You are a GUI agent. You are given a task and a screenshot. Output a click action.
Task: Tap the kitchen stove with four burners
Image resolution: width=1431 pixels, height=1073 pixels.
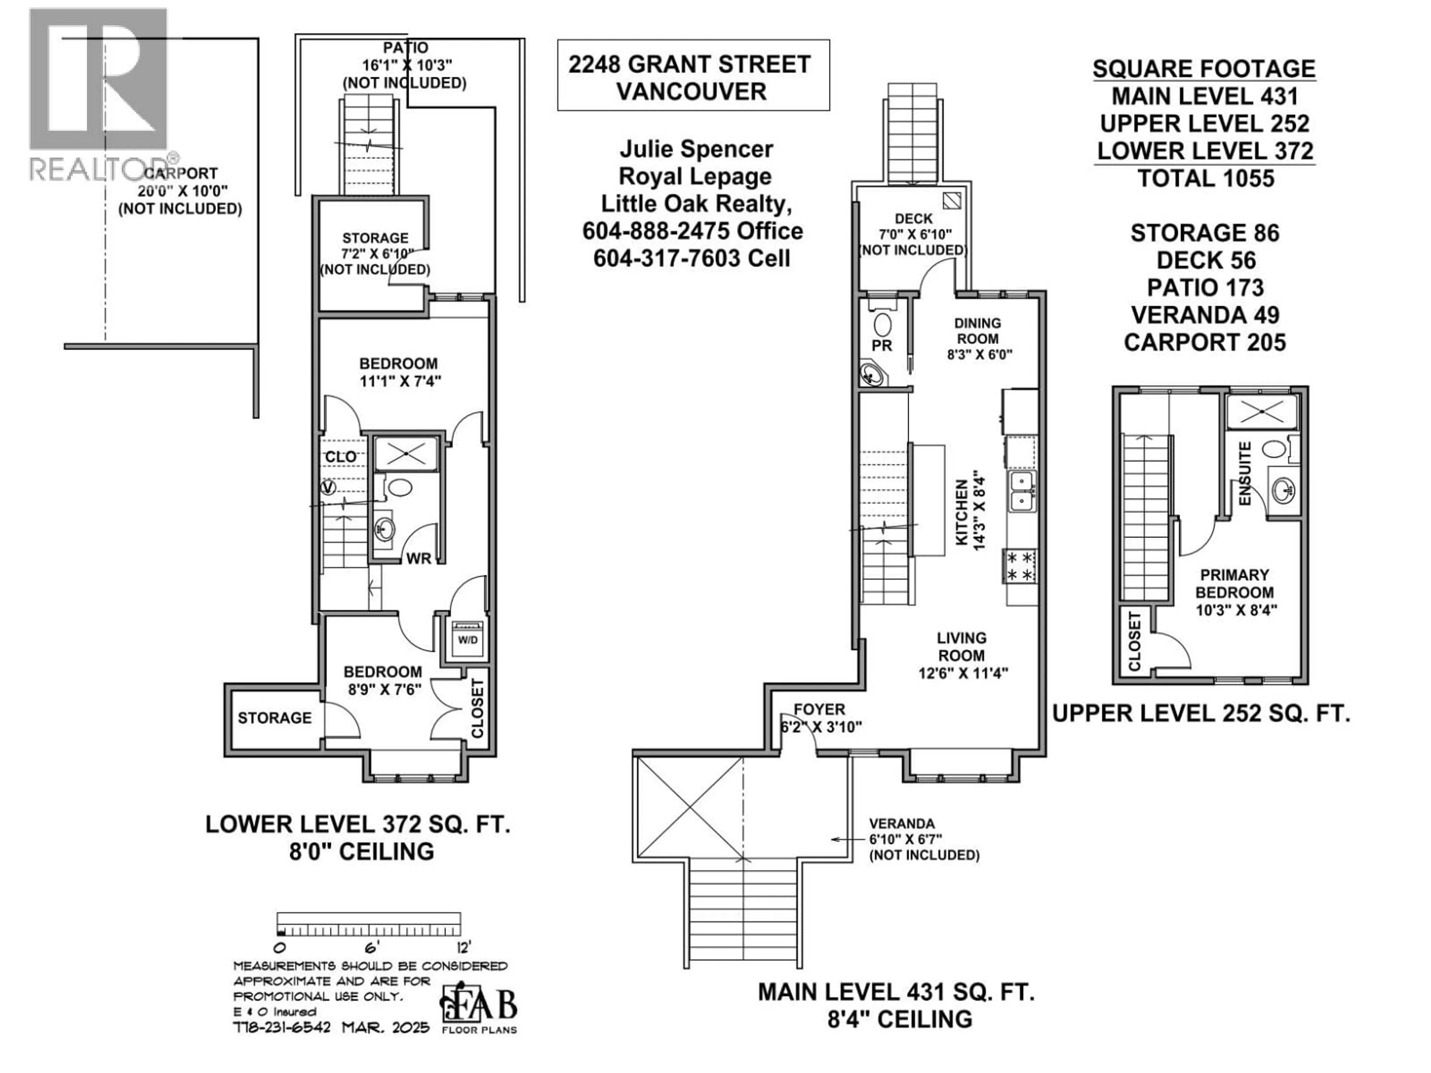(1020, 565)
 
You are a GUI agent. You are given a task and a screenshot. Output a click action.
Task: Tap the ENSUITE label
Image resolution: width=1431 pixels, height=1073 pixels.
(1245, 474)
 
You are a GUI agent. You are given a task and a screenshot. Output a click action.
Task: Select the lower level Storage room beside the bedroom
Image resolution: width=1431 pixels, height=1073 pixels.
(274, 718)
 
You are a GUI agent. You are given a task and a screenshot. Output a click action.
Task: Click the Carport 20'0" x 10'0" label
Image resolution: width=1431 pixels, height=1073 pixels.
(180, 192)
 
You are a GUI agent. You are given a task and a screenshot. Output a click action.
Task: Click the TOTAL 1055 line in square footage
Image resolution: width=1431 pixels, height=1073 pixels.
(1204, 178)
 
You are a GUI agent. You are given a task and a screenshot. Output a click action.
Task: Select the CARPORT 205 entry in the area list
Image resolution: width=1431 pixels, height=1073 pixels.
(1204, 342)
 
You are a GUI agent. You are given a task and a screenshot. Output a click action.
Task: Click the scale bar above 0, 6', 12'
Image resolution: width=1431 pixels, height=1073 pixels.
(369, 924)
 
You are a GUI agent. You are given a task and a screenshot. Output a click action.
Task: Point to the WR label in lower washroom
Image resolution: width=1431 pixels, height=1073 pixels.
(418, 558)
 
